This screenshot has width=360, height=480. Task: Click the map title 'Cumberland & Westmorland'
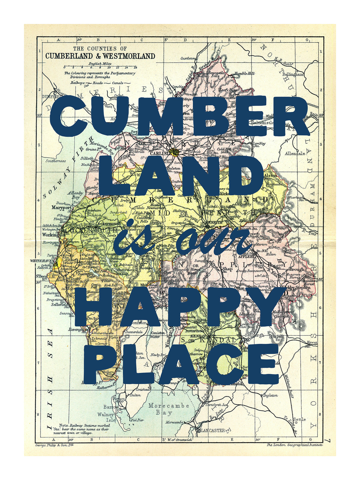100,56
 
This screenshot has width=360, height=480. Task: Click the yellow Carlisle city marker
175,152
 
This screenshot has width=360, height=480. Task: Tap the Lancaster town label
213,430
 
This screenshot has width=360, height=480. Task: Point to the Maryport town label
61,207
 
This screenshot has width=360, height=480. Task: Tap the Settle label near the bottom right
299,419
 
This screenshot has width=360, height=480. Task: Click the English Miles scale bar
100,67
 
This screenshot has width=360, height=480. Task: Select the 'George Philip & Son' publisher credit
54,445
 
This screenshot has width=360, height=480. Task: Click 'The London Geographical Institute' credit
295,445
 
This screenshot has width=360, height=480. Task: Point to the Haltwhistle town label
262,122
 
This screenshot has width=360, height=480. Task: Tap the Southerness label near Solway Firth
55,161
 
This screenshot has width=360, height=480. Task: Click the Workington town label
54,235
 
